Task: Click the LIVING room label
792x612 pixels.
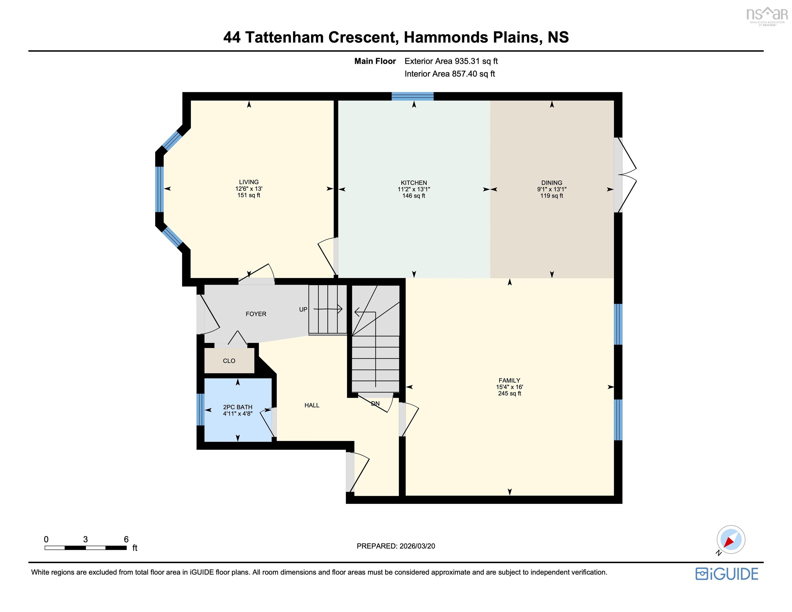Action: pyautogui.click(x=249, y=182)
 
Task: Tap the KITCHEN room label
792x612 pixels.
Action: pyautogui.click(x=414, y=183)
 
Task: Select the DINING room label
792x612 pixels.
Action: pyautogui.click(x=552, y=183)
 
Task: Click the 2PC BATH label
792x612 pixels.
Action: pyautogui.click(x=237, y=407)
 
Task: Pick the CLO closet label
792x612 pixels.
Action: pyautogui.click(x=229, y=361)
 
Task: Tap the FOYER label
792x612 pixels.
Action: pyautogui.click(x=256, y=314)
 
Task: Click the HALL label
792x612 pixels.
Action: pyautogui.click(x=312, y=405)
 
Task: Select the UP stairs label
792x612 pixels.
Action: pyautogui.click(x=303, y=309)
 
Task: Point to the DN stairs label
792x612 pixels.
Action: pyautogui.click(x=375, y=403)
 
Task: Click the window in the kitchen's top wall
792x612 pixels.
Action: pyautogui.click(x=413, y=96)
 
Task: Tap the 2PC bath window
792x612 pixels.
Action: pyautogui.click(x=200, y=410)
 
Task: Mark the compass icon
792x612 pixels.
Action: pyautogui.click(x=731, y=539)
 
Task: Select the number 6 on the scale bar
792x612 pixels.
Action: pyautogui.click(x=126, y=539)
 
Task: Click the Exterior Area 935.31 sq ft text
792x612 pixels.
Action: pyautogui.click(x=451, y=61)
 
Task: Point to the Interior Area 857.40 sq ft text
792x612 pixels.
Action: pyautogui.click(x=450, y=74)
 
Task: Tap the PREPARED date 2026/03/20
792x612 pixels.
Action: pyautogui.click(x=417, y=546)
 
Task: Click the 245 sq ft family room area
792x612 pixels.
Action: pyautogui.click(x=509, y=394)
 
